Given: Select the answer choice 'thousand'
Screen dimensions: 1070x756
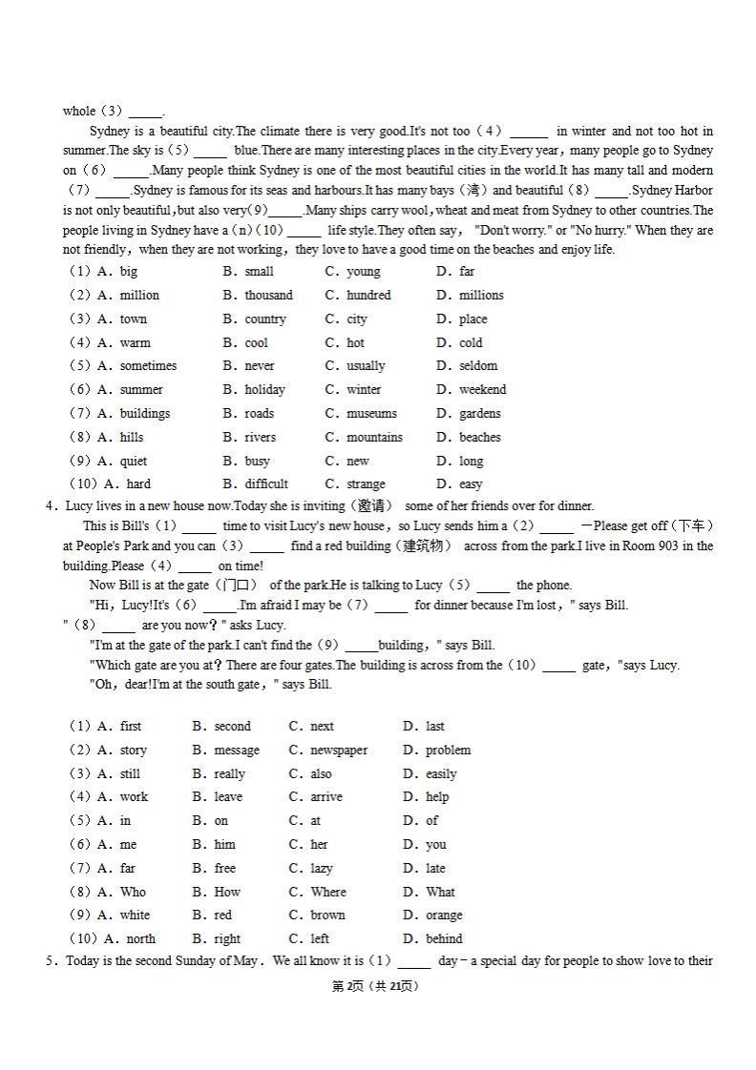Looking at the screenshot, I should (x=268, y=296).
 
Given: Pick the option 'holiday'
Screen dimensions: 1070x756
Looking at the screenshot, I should (x=264, y=390).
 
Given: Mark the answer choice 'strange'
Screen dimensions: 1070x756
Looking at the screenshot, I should (x=366, y=484).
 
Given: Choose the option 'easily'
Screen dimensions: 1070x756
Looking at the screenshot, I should (x=441, y=774).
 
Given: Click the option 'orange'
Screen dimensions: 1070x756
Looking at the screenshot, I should (x=444, y=916).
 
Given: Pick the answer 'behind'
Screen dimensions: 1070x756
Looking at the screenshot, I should (x=444, y=939).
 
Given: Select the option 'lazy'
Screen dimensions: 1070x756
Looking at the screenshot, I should (x=322, y=869).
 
